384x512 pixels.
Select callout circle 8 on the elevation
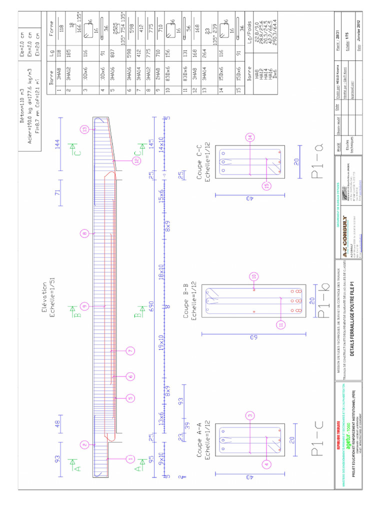point(84,233)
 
